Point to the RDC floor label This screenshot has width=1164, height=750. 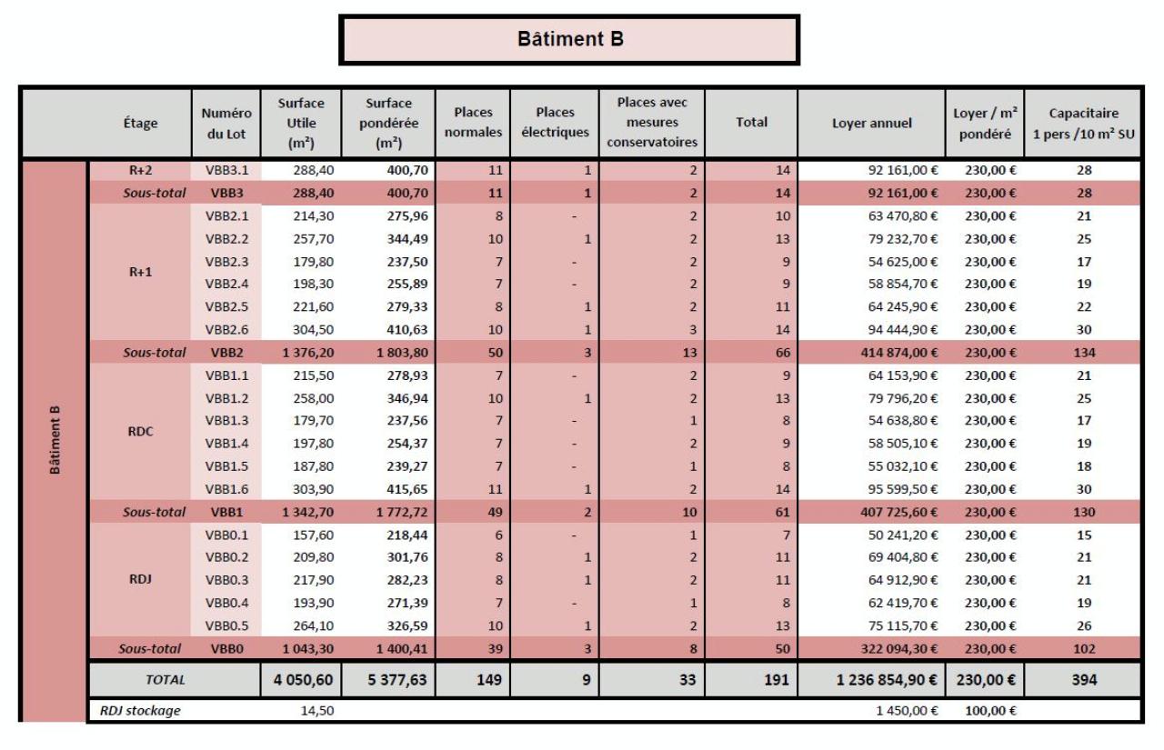point(139,432)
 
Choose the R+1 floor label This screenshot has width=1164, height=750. point(139,272)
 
